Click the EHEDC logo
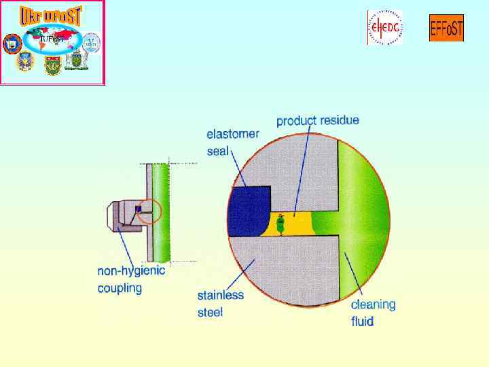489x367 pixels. point(384,28)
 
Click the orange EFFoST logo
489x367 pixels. point(446,28)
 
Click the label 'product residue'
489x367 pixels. point(318,121)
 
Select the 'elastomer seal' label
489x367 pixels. point(232,142)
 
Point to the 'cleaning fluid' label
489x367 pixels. point(373,313)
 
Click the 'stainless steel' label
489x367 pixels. point(220,304)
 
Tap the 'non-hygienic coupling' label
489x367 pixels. point(131,279)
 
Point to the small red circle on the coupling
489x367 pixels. point(149,211)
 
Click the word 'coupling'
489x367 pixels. point(120,288)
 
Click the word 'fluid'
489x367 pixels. point(363,321)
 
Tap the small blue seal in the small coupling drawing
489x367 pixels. point(138,209)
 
